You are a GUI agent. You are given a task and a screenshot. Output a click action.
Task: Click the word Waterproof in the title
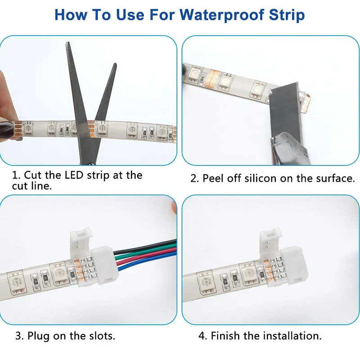coord(222,15)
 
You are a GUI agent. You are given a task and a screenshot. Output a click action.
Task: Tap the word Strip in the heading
coord(287,15)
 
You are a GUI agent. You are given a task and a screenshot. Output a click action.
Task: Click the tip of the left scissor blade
coord(67,42)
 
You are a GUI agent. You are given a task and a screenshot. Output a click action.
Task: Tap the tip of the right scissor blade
coord(115,64)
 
